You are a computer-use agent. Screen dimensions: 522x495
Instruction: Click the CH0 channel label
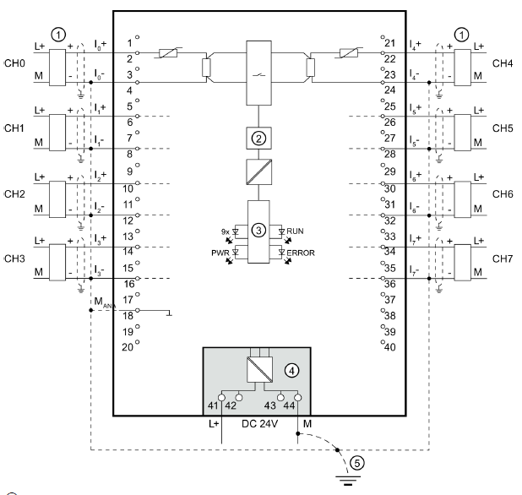coord(14,63)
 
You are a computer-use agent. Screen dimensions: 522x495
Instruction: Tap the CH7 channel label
coord(503,258)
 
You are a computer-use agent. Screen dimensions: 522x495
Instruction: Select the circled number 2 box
coord(258,139)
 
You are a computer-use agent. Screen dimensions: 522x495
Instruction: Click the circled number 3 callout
coord(258,230)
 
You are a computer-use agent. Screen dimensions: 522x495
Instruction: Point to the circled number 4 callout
coord(291,371)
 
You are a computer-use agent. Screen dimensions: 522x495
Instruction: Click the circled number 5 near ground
coord(357,463)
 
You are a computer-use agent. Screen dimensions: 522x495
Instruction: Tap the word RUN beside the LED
coord(295,231)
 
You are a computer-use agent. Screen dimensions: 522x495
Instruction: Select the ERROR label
coord(301,253)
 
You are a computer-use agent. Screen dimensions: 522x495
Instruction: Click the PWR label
coord(220,253)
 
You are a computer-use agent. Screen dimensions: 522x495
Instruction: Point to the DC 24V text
coord(259,424)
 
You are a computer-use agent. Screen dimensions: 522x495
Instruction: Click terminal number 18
coord(128,316)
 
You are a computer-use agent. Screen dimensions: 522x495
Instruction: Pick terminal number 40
coord(390,347)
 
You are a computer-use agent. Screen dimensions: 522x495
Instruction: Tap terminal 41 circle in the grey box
coord(221,398)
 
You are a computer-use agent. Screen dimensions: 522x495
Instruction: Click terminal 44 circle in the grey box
coord(298,398)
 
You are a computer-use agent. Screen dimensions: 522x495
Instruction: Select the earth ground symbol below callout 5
coord(348,481)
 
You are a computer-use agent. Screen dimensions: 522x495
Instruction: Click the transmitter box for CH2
coord(57,199)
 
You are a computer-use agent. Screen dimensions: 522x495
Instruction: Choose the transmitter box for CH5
coord(463,133)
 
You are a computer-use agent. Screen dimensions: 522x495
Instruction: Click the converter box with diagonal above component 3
coord(259,171)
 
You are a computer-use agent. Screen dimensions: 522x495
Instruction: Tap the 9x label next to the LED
coord(226,231)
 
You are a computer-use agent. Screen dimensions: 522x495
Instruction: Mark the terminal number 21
coord(390,43)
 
